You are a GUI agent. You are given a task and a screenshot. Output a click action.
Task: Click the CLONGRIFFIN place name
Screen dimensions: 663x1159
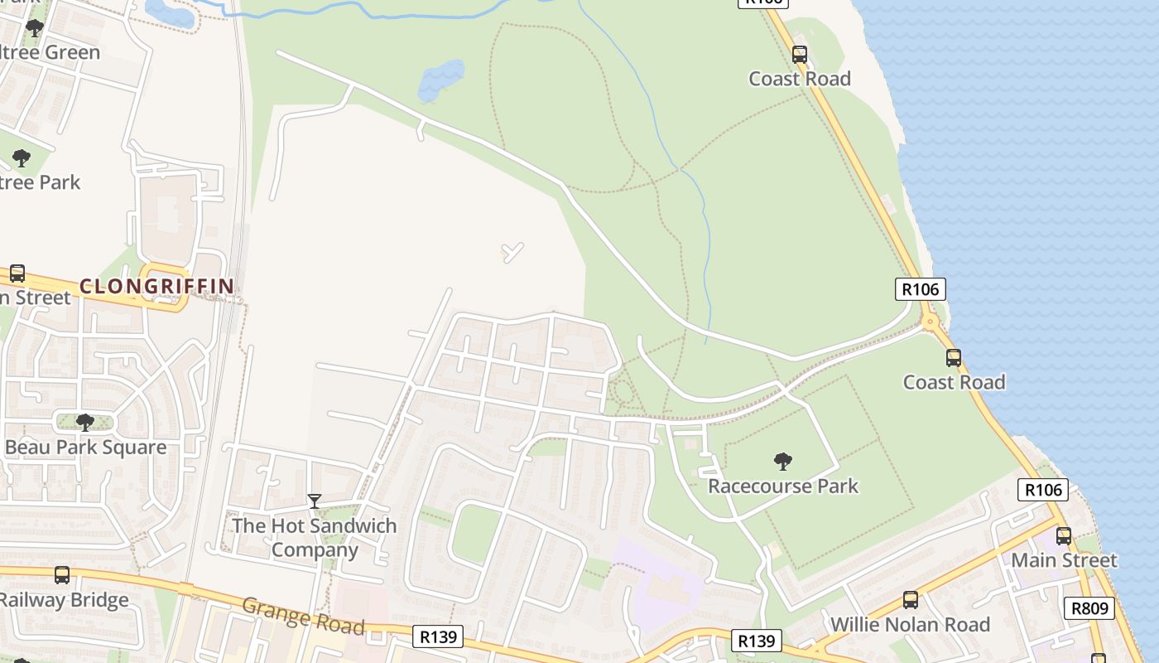point(156,287)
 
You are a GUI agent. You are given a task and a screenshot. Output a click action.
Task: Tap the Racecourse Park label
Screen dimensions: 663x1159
point(783,486)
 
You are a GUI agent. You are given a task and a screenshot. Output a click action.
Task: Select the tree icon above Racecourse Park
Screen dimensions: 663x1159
point(782,462)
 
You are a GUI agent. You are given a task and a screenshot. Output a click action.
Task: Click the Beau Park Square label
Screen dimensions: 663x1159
point(85,448)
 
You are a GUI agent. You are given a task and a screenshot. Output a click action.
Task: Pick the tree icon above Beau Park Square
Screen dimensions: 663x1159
point(84,423)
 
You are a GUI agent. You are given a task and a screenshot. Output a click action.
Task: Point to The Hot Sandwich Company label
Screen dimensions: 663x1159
point(315,537)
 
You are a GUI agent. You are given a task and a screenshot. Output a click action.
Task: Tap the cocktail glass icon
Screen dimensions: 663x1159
point(315,501)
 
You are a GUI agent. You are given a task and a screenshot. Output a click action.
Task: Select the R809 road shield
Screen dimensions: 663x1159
point(1089,608)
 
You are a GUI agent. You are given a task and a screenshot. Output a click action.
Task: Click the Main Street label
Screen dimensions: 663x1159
point(1064,560)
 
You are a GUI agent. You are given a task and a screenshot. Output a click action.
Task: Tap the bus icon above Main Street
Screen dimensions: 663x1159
point(1064,536)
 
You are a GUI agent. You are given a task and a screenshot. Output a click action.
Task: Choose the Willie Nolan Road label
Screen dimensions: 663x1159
point(910,624)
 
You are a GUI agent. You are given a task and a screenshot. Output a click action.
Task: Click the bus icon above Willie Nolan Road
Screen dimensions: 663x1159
point(911,600)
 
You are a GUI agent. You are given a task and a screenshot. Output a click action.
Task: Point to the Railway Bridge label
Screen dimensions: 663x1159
point(65,599)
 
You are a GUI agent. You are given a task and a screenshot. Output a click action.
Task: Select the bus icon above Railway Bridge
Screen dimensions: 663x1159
point(62,575)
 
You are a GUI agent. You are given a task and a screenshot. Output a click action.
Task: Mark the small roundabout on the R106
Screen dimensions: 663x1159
point(931,322)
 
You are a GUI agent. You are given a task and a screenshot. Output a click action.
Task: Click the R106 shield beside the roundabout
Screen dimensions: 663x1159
point(920,289)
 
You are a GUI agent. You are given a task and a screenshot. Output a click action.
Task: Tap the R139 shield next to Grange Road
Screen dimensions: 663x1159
point(437,636)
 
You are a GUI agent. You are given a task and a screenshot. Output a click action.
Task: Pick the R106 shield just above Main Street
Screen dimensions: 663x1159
point(1043,490)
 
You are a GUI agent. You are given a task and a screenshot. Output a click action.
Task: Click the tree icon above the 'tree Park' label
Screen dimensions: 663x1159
point(22,157)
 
